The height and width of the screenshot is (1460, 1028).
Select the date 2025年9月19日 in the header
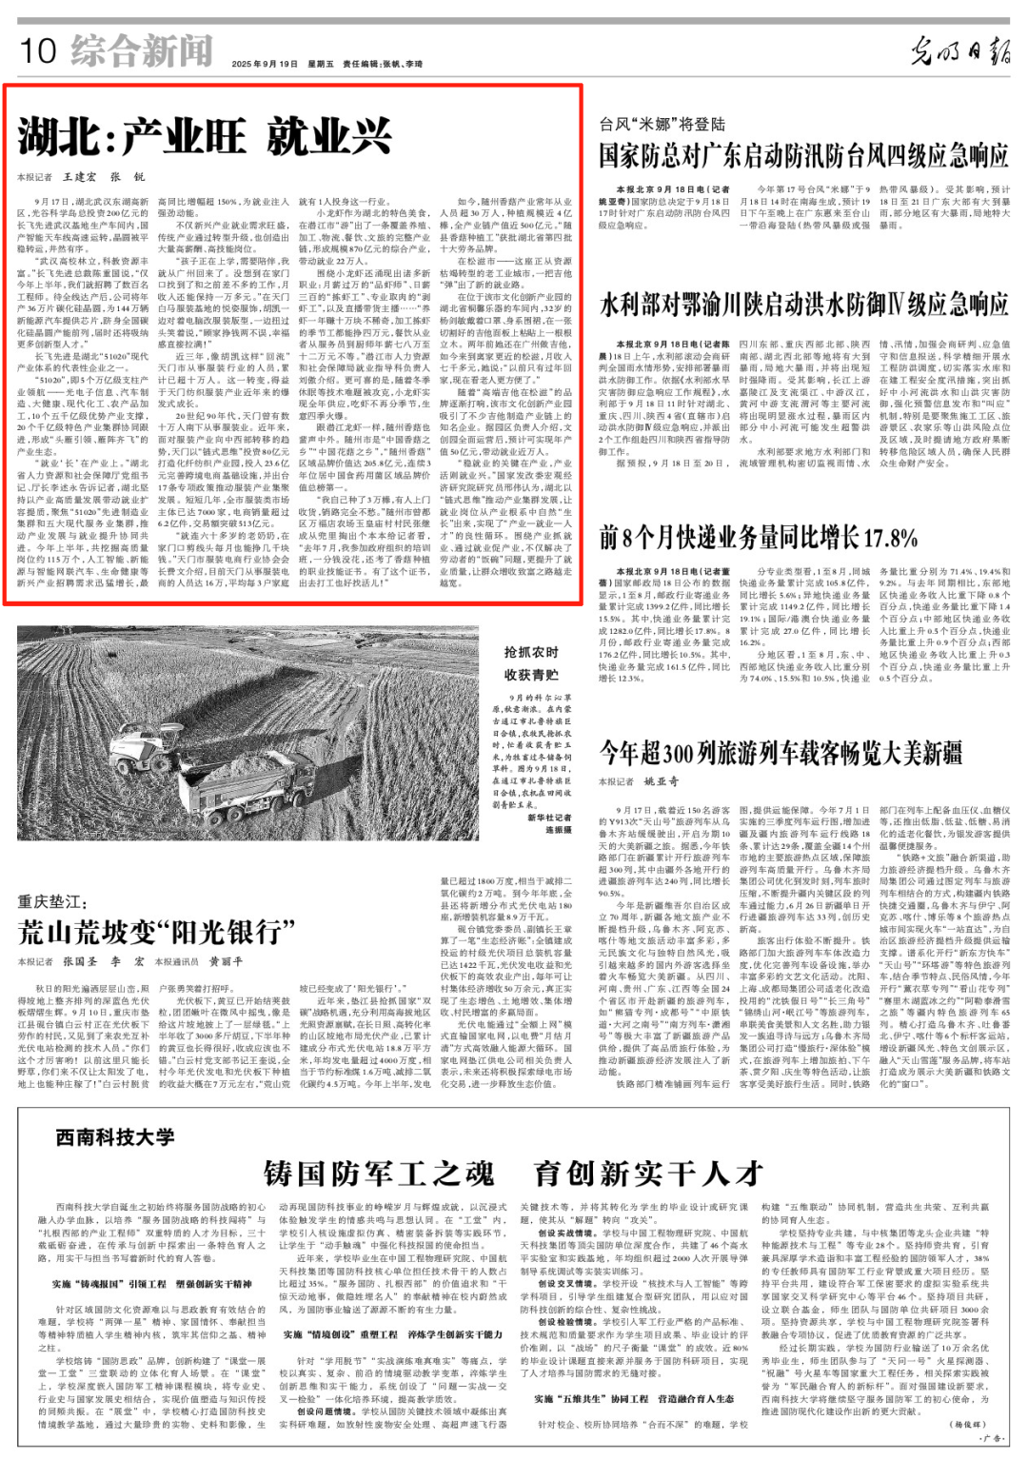pos(265,64)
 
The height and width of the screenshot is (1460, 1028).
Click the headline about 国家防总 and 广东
pos(802,156)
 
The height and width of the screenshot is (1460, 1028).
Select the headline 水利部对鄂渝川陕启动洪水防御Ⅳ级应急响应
pos(802,305)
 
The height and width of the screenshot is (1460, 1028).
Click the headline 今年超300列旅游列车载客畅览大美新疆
pos(781,753)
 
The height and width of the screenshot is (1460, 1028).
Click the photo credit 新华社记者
pos(549,818)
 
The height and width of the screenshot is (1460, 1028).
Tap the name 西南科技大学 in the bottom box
pos(115,1137)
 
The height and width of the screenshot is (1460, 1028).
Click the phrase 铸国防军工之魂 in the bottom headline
pos(379,1174)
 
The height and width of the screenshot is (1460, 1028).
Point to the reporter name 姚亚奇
pos(662,781)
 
